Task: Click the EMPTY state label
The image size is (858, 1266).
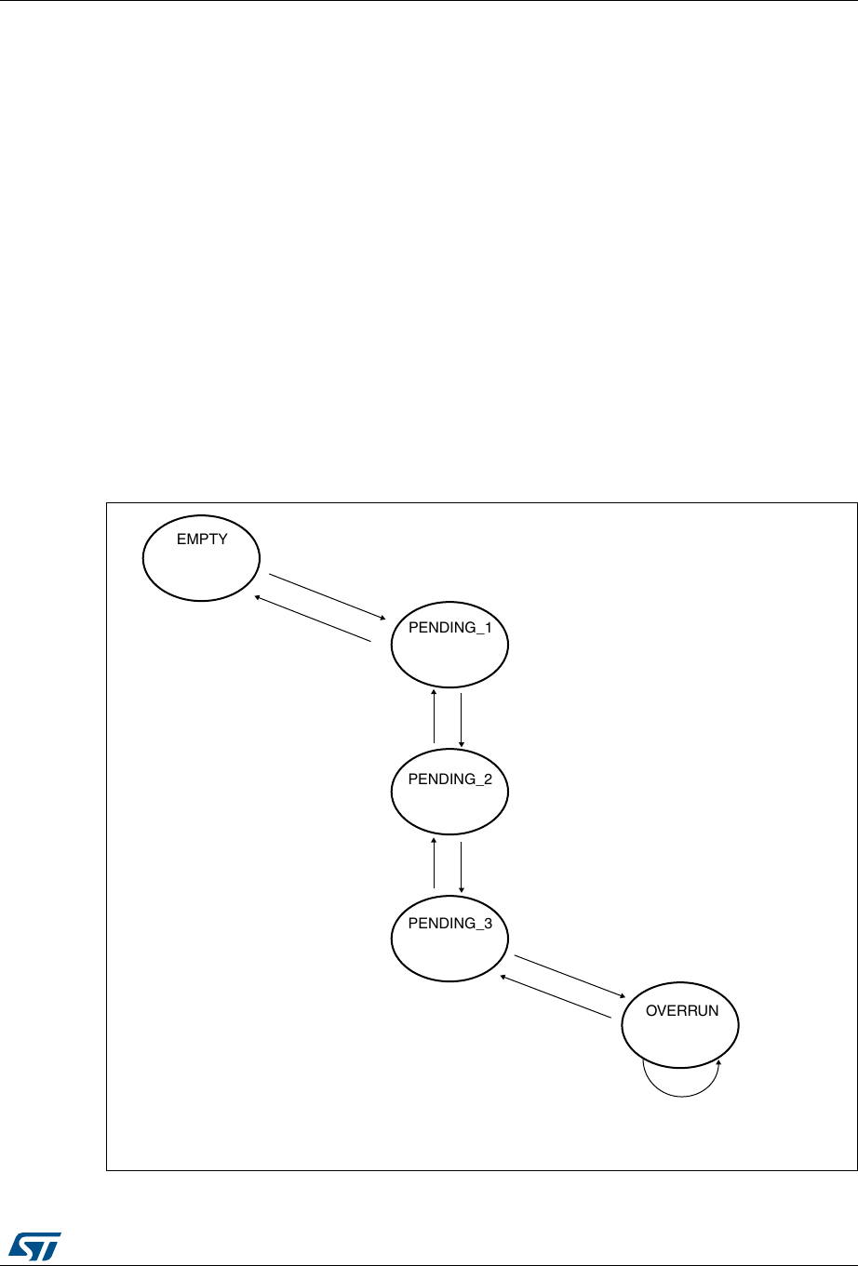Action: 202,540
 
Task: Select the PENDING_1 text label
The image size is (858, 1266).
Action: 450,627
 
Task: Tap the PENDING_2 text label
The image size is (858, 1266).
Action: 450,779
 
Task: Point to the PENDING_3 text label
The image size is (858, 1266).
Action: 450,923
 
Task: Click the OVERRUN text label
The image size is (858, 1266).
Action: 682,1010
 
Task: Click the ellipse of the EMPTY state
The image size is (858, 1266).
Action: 201,558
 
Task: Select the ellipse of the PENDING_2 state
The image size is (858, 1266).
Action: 449,792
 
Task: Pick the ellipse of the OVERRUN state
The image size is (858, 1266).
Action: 680,1025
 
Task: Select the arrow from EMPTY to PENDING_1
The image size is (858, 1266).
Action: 328,597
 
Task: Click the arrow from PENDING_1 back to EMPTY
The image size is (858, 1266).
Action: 312,619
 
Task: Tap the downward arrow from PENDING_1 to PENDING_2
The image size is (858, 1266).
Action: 462,720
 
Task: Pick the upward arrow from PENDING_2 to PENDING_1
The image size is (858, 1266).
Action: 434,716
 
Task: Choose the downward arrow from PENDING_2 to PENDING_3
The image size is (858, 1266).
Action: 462,868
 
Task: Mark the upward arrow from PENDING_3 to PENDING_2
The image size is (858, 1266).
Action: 434,863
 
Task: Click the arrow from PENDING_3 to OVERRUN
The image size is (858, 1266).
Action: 570,977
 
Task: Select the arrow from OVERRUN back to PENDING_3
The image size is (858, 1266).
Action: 556,996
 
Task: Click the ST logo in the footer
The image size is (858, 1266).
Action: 35,1246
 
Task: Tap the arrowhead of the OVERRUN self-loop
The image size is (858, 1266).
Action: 718,1062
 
